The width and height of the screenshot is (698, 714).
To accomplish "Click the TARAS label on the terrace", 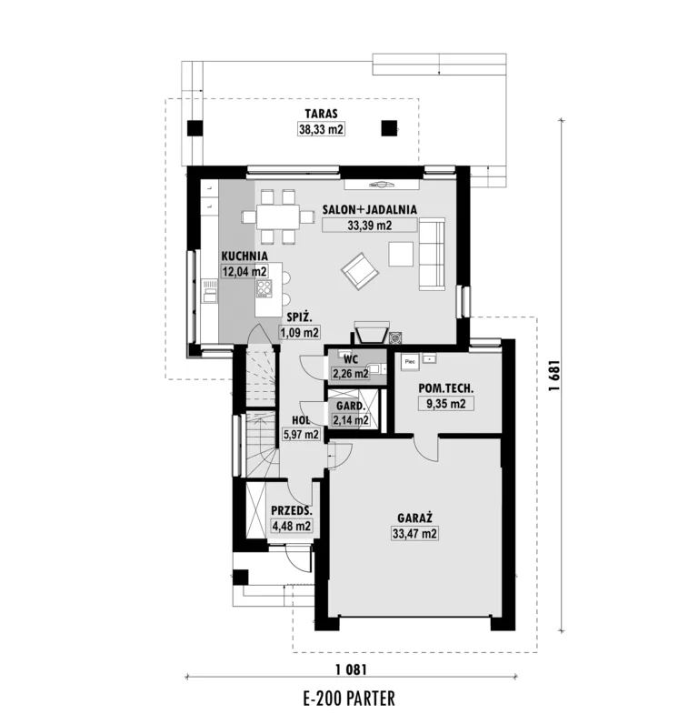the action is (321, 114).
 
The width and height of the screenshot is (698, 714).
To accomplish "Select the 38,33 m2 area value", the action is (321, 129).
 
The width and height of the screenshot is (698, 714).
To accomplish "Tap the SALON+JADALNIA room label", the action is (370, 209).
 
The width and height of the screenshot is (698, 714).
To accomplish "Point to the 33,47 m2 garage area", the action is (414, 533).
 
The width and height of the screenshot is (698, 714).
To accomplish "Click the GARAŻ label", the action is (414, 518).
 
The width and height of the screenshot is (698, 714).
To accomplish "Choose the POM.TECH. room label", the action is (446, 389).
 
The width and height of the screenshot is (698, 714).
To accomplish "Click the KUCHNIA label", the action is (244, 256).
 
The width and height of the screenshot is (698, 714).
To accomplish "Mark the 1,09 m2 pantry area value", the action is (299, 332).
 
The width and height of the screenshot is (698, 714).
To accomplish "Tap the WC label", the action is (351, 359).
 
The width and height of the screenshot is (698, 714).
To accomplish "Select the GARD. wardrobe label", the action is (351, 406).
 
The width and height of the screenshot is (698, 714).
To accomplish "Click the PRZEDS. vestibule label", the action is (292, 510).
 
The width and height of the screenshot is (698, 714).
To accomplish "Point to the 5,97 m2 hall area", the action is (301, 435).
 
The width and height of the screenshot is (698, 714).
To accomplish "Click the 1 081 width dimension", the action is (351, 669).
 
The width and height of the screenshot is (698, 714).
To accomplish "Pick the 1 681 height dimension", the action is (553, 376).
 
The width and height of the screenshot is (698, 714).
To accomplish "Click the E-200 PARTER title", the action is (349, 698).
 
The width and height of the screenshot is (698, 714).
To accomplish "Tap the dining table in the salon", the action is (277, 217).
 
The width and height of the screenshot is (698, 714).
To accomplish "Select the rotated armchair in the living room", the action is (360, 271).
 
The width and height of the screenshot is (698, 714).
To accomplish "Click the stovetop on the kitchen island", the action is (264, 288).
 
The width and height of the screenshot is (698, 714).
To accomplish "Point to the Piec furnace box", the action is (410, 363).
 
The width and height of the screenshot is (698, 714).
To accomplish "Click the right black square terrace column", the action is (389, 128).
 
